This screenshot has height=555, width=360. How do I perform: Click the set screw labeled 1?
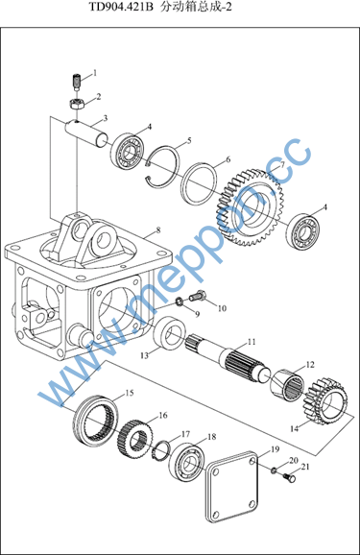[x=77, y=82]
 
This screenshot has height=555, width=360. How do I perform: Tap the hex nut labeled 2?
[x=76, y=105]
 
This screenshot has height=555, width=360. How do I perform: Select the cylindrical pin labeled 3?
[x=87, y=133]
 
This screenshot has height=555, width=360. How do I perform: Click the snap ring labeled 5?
[x=163, y=164]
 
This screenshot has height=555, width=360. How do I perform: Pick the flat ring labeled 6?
[x=198, y=185]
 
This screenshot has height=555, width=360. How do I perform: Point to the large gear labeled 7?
[x=250, y=208]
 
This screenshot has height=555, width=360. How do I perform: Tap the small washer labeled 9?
[x=180, y=302]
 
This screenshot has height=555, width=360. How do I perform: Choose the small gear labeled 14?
[x=325, y=400]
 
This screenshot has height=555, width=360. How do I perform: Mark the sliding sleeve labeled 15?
[x=96, y=421]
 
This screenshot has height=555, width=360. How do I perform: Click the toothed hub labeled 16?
[x=134, y=439]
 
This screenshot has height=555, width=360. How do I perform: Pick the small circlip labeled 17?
[x=161, y=448]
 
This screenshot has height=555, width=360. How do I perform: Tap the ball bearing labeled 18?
[x=187, y=462]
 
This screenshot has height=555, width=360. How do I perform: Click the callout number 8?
[x=158, y=230]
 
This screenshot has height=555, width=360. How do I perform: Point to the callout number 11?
[x=252, y=342]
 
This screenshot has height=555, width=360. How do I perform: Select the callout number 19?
[x=276, y=449]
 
